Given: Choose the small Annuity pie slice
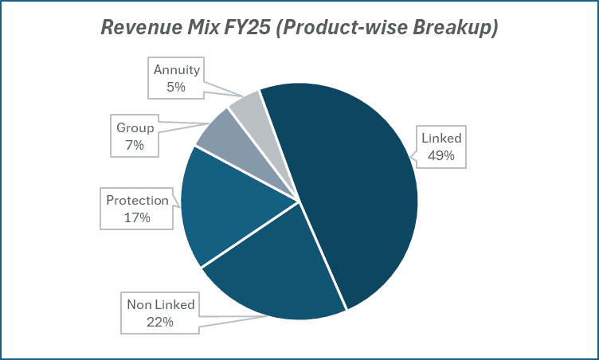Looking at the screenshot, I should point(247,104).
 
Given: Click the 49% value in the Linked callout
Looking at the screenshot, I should point(440,155).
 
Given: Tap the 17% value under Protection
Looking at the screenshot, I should point(138,217).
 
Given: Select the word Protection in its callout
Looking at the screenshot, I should point(138,200).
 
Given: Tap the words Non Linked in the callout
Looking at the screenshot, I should point(161,305).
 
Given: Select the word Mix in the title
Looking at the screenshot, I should point(197,28).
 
